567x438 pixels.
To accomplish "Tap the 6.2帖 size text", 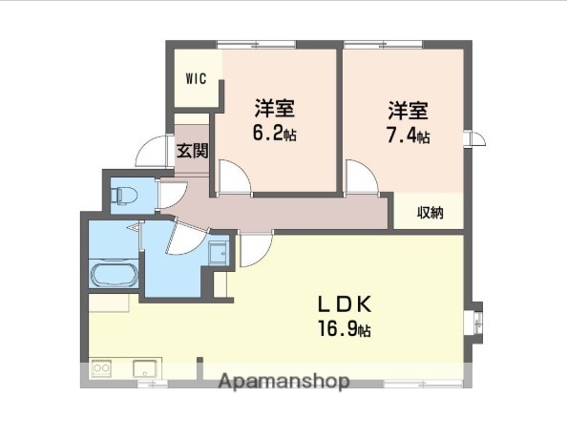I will [x=273, y=134].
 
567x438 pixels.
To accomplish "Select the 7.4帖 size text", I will [x=408, y=135].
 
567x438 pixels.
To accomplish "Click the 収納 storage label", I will [x=430, y=213].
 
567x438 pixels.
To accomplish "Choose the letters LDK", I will [x=345, y=306].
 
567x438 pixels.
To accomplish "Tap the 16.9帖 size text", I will [x=345, y=331].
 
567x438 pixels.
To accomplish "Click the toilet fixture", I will [x=126, y=196].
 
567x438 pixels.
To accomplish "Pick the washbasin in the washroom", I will [x=219, y=252].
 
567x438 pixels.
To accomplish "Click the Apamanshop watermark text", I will [x=283, y=382].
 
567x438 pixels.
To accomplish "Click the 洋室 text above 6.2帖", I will [x=273, y=107].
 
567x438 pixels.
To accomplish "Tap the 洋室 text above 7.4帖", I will [x=408, y=108].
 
